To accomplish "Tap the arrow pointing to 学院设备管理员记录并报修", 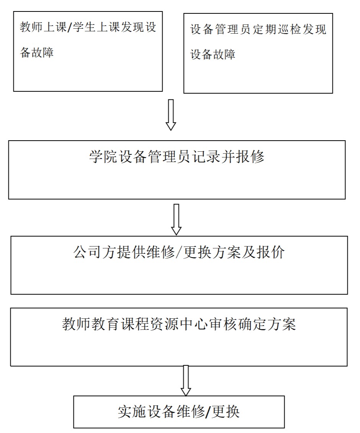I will pos(171,115).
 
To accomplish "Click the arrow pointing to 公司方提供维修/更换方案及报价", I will pos(176,219).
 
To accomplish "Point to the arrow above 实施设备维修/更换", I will pos(186,380).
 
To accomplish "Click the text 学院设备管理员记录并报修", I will pos(177,157).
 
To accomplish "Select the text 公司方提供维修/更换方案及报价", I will pos(179,253).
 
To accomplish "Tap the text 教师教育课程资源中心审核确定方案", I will pos(179,324).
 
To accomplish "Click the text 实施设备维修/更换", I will pos(179,412).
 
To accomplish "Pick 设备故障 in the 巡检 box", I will pos(213,54).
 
